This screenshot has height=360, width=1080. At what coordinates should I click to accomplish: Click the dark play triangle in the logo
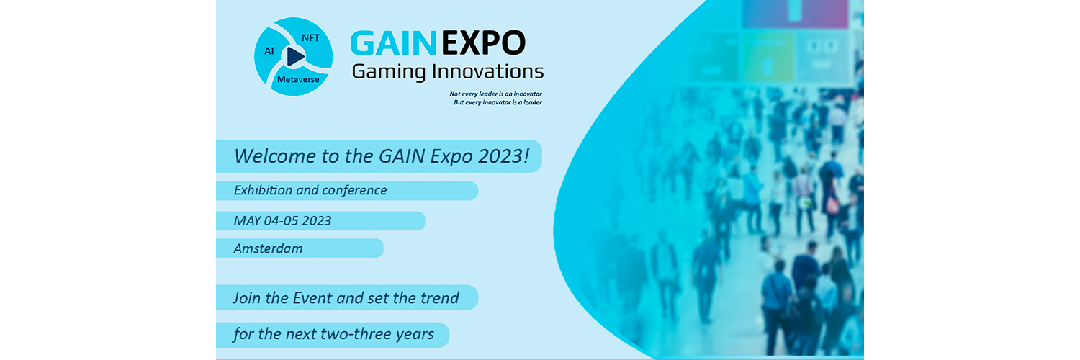295,56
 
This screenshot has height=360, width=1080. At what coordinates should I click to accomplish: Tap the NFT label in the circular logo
310,37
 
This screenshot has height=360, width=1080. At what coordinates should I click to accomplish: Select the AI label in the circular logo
269,50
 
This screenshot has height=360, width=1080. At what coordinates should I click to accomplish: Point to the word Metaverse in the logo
298,79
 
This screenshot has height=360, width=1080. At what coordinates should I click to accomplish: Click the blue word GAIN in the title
394,43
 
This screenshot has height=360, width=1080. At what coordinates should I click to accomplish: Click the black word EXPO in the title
483,43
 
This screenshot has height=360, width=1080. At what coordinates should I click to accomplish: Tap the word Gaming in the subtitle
389,72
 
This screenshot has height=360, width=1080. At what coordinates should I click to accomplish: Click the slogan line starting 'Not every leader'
495,94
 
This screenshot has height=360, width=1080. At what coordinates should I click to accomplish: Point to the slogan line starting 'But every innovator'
498,102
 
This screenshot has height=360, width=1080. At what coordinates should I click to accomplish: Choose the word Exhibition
263,190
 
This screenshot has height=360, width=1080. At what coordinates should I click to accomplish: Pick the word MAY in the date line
248,221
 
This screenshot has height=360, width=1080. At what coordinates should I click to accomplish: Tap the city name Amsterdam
268,248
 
